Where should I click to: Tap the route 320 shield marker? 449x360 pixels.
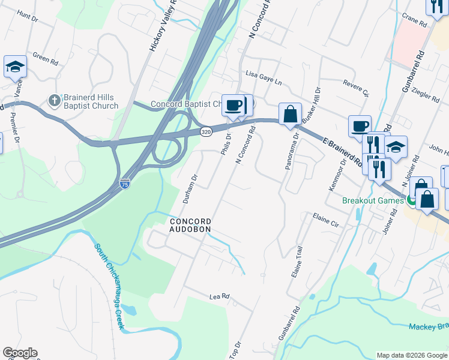(206, 131)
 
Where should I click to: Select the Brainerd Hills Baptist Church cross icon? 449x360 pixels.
(53, 100)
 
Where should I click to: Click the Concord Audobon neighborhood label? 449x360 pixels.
(189, 225)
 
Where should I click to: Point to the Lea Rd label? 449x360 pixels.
(220, 296)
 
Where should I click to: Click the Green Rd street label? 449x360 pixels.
(45, 59)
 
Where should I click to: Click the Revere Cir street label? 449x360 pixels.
(355, 88)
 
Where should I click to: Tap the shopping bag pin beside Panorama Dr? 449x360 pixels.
(290, 114)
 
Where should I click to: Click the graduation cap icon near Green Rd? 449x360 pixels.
(15, 67)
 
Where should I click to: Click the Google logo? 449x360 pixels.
(20, 353)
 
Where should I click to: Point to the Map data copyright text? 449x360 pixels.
(411, 355)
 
